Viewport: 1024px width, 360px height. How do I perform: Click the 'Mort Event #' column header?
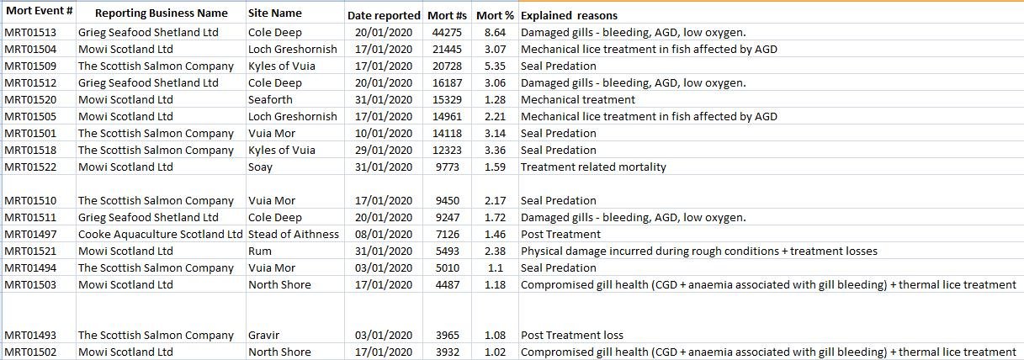pyautogui.click(x=39, y=13)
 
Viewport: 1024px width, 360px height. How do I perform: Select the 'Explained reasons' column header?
pyautogui.click(x=569, y=15)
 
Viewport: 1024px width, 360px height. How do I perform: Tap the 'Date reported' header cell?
pyautogui.click(x=384, y=15)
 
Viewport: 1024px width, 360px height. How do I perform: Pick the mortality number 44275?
pyautogui.click(x=446, y=32)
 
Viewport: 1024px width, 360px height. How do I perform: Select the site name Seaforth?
pyautogui.click(x=271, y=99)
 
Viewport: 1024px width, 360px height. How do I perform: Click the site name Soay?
pyautogui.click(x=260, y=167)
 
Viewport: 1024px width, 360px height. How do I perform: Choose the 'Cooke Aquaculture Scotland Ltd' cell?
pyautogui.click(x=160, y=234)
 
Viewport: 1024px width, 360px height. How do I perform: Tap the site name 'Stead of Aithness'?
pyautogui.click(x=294, y=234)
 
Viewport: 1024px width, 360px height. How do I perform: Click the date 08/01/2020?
pyautogui.click(x=384, y=234)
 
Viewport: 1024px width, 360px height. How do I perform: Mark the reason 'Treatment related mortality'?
pyautogui.click(x=593, y=167)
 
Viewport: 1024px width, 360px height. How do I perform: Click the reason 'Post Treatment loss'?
pyautogui.click(x=572, y=335)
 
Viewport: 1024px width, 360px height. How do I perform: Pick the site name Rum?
pyautogui.click(x=260, y=251)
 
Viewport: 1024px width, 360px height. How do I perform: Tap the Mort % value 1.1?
pyautogui.click(x=496, y=267)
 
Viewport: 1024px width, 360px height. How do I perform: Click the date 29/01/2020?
pyautogui.click(x=384, y=150)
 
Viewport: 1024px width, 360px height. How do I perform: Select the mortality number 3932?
pyautogui.click(x=448, y=352)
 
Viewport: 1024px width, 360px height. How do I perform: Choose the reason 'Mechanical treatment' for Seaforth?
pyautogui.click(x=578, y=99)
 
